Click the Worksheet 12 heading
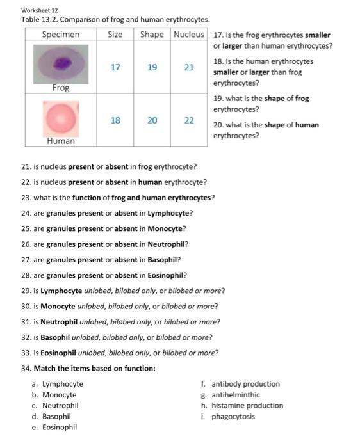click(40, 10)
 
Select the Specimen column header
click(61, 34)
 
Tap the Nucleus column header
click(190, 34)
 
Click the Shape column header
click(152, 34)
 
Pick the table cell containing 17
click(115, 67)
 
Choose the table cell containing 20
click(152, 120)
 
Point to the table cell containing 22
click(190, 120)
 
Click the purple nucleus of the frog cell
click(62, 63)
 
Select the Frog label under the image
click(61, 88)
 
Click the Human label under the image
click(61, 141)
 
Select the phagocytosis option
click(233, 417)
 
